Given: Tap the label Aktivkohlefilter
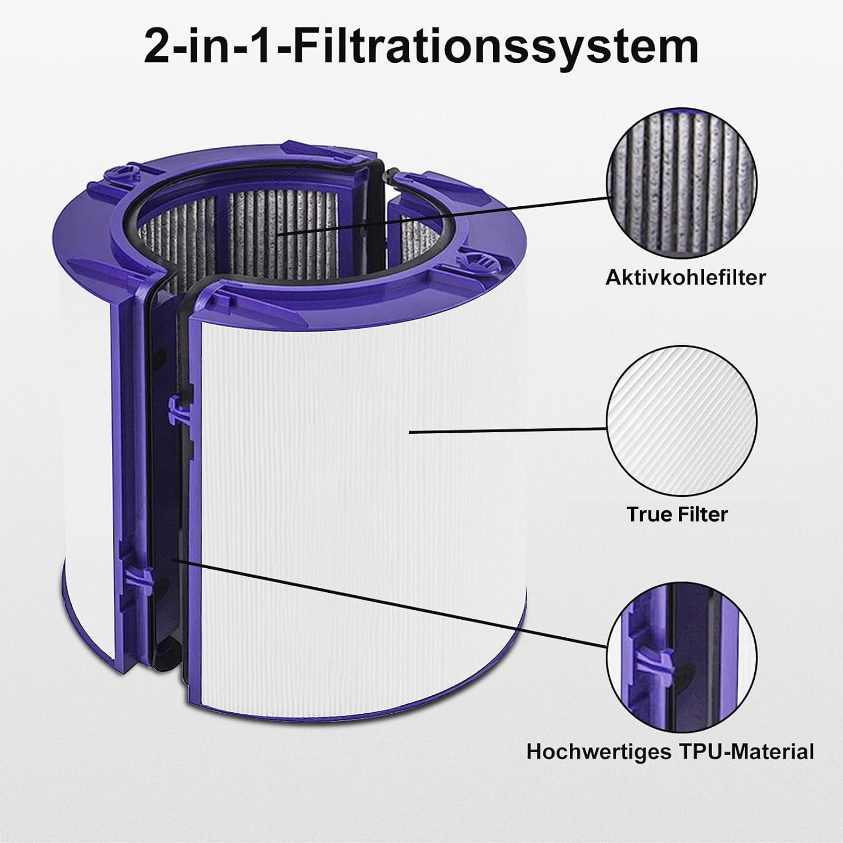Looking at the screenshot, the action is [x=686, y=277].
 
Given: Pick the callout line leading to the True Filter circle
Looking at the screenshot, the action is [x=509, y=430].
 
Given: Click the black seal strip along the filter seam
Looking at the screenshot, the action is [x=169, y=506].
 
